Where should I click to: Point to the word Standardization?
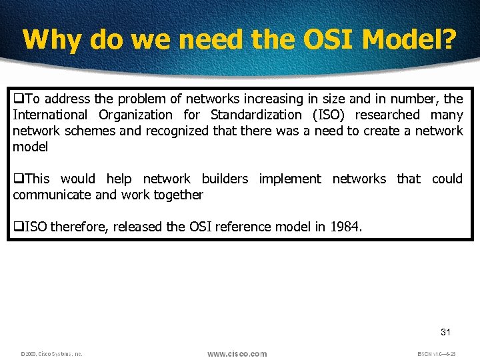(x=255, y=115)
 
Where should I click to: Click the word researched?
(x=389, y=115)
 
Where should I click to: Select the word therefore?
(x=80, y=227)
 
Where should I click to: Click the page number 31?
(x=445, y=332)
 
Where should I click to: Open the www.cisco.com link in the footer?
(x=237, y=353)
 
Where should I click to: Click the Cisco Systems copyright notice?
(x=51, y=354)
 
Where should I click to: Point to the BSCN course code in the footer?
(x=437, y=354)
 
